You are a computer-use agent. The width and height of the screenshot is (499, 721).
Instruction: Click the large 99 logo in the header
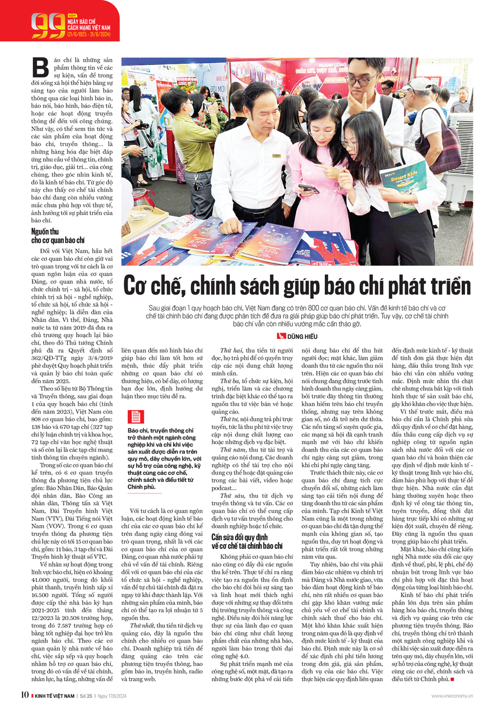[48, 25]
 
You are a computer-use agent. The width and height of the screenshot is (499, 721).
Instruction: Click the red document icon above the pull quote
[135, 416]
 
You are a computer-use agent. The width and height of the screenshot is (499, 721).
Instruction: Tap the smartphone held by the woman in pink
[309, 189]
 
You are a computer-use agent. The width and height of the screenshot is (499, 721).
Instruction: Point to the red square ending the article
[452, 679]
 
